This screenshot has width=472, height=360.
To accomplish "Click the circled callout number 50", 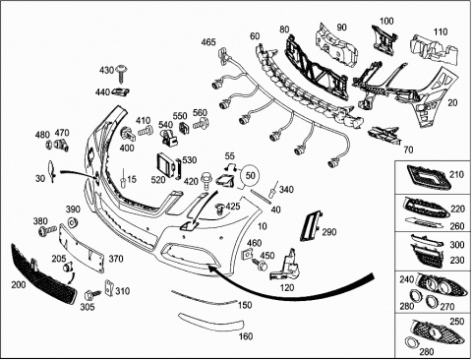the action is coord(251,175).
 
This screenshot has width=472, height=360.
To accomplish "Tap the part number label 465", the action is coord(208,42).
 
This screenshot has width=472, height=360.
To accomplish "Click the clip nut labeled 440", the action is coord(120,92).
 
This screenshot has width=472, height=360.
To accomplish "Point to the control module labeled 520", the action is coord(166,165).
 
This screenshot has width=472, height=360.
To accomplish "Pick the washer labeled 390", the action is coord(72,222).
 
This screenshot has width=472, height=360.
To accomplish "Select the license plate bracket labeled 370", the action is coord(82,248).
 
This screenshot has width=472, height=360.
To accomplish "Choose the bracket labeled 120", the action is coord(285,265).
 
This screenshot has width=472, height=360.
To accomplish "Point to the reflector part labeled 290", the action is coord(310,226).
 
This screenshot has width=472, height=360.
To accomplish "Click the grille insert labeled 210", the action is coord(429,177).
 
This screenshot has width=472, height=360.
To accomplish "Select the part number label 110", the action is coord(441,31).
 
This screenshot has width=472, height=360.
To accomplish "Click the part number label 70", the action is coord(408,150).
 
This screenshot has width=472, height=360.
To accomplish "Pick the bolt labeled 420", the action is coord(207,181).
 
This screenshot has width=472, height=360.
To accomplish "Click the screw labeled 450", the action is coord(259,265).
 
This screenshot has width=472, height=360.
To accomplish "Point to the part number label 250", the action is coord(457,322).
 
